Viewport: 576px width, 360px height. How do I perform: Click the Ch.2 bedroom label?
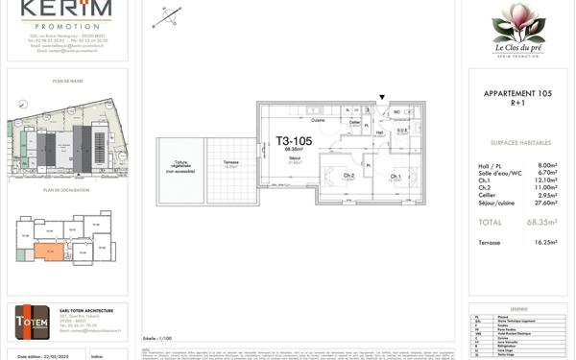point(348,176)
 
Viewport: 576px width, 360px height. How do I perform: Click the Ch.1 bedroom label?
point(396,177)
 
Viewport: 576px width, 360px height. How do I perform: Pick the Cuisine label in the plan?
point(317,120)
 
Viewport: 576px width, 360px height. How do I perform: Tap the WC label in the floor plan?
point(396,112)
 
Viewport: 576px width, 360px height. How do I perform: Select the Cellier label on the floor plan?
point(355,122)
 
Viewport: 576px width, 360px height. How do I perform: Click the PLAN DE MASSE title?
point(68,82)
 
